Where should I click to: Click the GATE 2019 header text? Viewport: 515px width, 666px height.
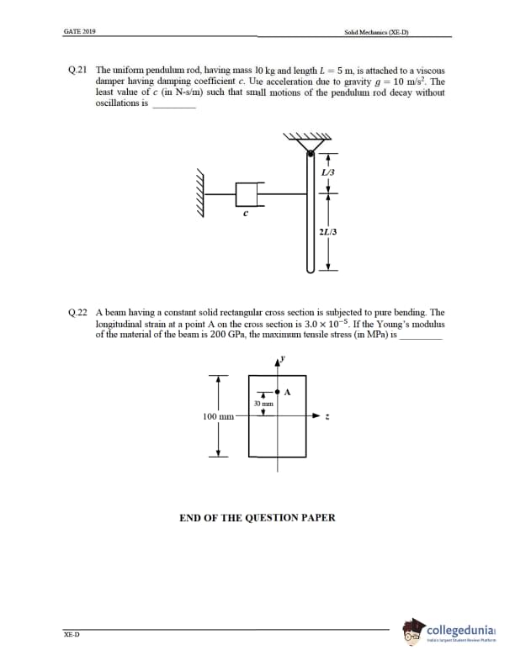79,32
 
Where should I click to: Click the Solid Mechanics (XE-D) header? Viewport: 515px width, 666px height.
382,32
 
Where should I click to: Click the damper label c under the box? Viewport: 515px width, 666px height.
245,213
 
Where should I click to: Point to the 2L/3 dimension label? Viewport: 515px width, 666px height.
327,230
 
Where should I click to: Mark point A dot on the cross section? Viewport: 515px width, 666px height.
278,392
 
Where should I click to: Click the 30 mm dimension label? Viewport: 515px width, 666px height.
264,404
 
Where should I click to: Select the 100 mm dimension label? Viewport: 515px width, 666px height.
219,416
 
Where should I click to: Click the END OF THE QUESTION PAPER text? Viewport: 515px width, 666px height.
257,517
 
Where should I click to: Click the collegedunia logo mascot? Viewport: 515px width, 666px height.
413,633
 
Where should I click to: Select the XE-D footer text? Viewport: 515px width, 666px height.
72,635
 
